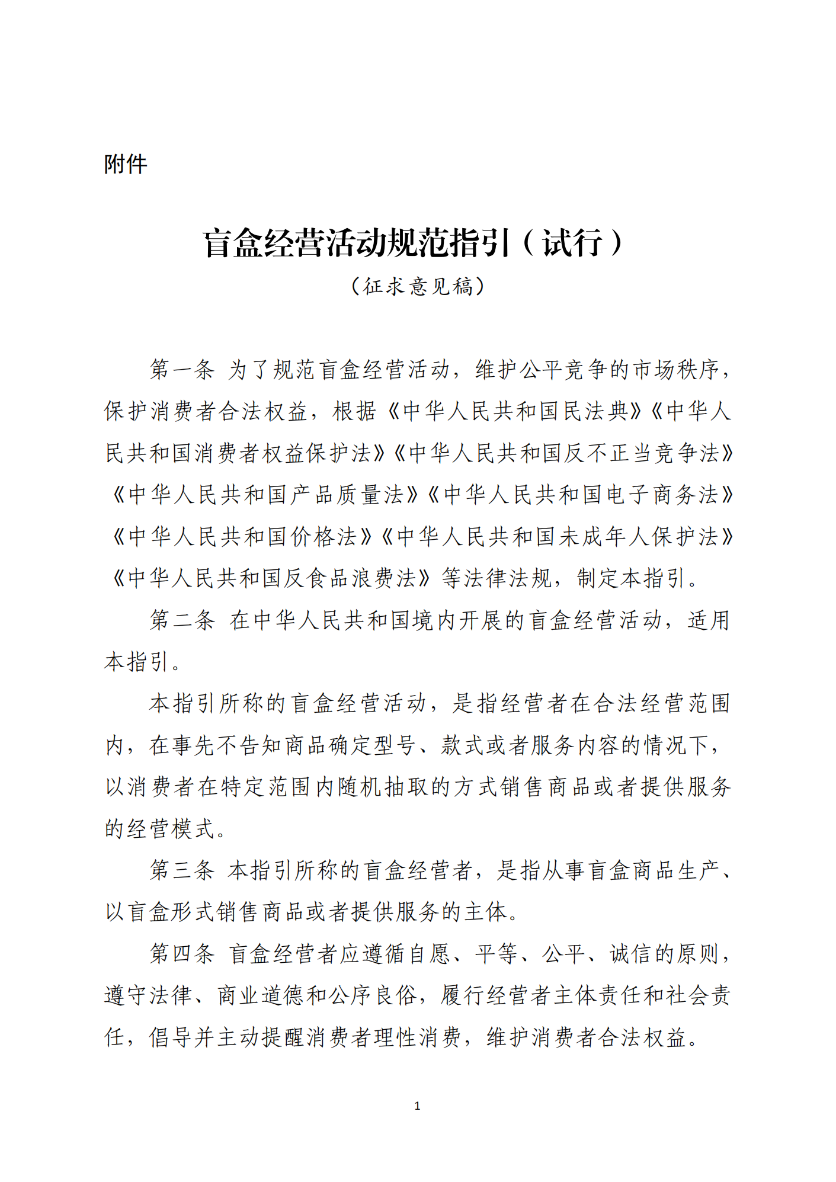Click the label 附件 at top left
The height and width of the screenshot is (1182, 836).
126,164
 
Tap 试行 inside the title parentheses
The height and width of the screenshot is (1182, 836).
572,243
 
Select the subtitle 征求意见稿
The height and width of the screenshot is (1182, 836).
418,287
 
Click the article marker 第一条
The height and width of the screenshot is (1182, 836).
181,370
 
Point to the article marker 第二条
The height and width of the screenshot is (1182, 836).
181,620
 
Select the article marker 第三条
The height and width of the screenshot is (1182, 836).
181,870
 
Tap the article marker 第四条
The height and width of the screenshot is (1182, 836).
181,954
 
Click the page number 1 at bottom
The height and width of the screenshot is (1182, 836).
417,1106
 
